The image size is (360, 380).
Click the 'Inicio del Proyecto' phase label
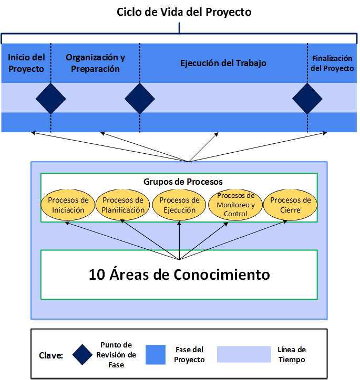(x=26, y=63)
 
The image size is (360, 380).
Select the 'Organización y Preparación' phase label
(x=96, y=63)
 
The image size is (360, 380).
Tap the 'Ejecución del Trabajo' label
(x=223, y=63)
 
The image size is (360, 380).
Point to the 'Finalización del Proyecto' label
(x=332, y=63)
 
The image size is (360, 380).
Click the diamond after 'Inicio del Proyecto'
(x=51, y=99)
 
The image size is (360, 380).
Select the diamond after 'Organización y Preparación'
(x=140, y=99)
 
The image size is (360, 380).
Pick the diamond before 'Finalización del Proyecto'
(x=307, y=99)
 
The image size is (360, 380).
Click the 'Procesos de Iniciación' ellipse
(x=68, y=205)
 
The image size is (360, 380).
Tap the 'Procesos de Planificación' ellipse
(x=123, y=205)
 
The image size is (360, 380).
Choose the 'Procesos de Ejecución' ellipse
(x=179, y=205)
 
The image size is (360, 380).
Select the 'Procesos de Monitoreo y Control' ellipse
(x=235, y=205)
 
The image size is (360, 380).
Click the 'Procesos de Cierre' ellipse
(x=290, y=205)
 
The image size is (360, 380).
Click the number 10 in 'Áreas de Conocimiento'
(x=97, y=275)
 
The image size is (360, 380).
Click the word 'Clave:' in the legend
(x=51, y=355)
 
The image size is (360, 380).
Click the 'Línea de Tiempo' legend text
(x=292, y=354)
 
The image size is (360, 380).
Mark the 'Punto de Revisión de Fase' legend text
(x=116, y=354)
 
